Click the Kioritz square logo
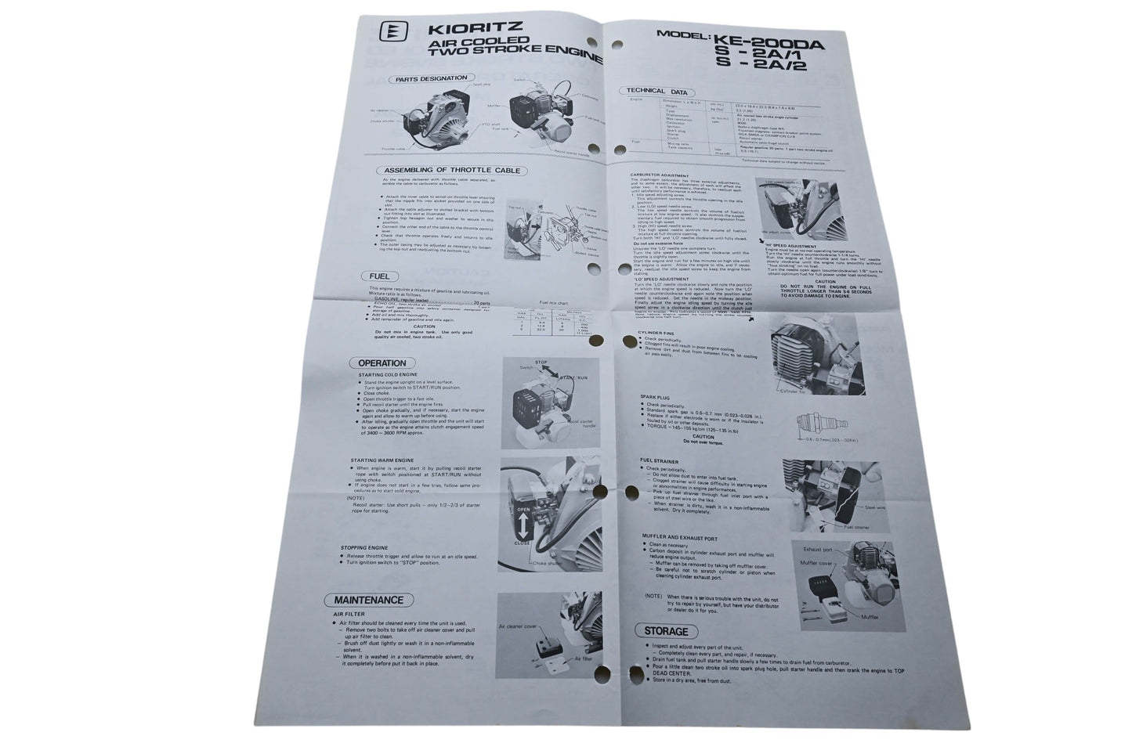pyautogui.click(x=388, y=33)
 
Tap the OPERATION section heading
pyautogui.click(x=382, y=363)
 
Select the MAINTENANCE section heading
pyautogui.click(x=368, y=601)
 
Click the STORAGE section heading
pyautogui.click(x=666, y=631)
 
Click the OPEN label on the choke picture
pyautogui.click(x=523, y=510)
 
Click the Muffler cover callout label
pyautogui.click(x=817, y=563)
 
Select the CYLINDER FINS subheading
pyautogui.click(x=661, y=332)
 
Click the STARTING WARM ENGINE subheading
pyautogui.click(x=383, y=460)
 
